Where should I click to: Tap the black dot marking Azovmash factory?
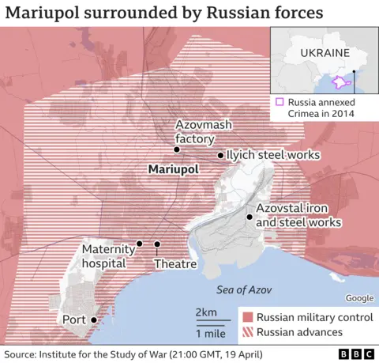point(177,149)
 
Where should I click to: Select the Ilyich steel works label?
point(272,155)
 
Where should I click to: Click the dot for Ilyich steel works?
point(220,156)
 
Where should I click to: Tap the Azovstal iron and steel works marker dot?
point(250,217)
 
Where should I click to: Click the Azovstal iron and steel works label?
point(298,216)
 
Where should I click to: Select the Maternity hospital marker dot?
point(140,244)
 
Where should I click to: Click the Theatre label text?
point(175,263)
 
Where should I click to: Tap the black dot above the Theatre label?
point(157,244)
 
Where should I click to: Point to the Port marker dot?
point(94,320)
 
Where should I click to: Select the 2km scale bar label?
point(206,312)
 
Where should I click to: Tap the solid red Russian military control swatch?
point(248,317)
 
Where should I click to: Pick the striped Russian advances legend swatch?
point(248,332)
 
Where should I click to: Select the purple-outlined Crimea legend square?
point(279,102)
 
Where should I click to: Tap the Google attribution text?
point(359,297)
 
